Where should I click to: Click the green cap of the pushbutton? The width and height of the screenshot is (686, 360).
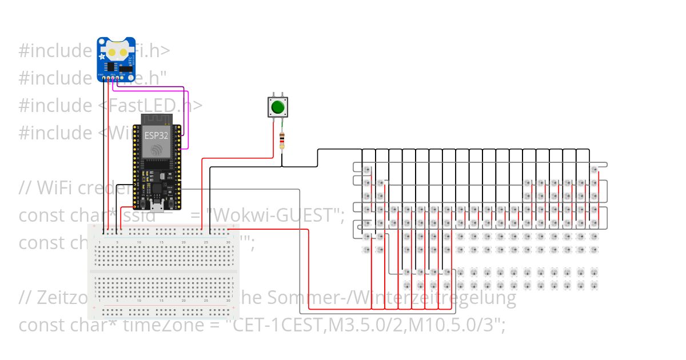click(278, 107)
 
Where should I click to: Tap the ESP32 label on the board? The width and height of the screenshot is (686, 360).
click(156, 135)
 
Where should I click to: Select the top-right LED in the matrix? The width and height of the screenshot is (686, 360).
click(594, 170)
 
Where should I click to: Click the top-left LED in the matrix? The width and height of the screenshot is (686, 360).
click(366, 170)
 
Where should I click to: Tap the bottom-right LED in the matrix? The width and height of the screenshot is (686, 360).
click(594, 285)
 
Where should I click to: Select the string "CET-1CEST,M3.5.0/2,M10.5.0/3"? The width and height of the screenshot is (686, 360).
click(366, 325)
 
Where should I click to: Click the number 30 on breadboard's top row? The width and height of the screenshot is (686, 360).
click(228, 243)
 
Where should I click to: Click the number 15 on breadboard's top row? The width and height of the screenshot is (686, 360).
click(161, 243)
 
